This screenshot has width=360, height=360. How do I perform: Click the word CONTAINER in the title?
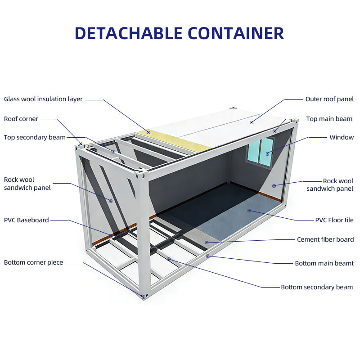point(235,33)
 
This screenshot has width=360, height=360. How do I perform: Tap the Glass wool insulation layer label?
point(43,99)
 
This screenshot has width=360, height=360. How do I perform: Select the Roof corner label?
point(21,119)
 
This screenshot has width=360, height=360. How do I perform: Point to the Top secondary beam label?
point(35,137)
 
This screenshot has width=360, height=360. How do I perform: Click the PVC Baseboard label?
point(27,220)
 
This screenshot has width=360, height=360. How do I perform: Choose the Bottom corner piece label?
point(34,262)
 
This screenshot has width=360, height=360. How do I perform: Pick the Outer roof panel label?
point(329,99)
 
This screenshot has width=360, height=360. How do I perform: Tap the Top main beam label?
point(329,119)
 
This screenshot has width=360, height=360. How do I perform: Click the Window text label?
point(342,137)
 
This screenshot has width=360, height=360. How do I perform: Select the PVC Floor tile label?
point(334,220)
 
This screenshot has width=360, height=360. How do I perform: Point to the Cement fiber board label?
point(325,239)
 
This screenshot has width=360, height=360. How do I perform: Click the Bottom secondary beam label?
point(317,287)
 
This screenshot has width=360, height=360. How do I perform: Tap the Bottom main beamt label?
point(324,263)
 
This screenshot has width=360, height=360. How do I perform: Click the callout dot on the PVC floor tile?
point(249,210)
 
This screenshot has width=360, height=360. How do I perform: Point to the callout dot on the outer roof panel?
point(252,122)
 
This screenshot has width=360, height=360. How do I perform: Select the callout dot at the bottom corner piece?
point(143,296)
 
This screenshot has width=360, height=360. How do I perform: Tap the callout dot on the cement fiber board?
point(207,243)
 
